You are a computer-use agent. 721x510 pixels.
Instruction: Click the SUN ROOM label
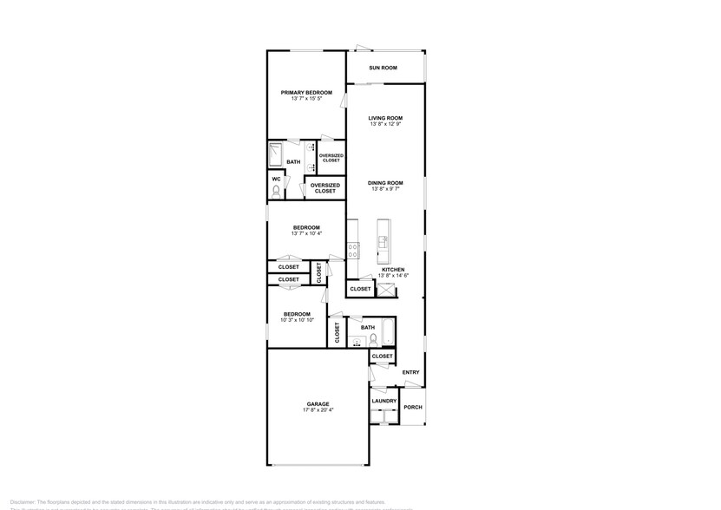pyautogui.click(x=383, y=68)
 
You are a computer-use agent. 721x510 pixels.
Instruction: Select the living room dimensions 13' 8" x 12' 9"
pyautogui.click(x=385, y=124)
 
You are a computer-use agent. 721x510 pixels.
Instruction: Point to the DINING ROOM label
pyautogui.click(x=385, y=182)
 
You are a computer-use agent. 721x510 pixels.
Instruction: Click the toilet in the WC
pyautogui.click(x=276, y=192)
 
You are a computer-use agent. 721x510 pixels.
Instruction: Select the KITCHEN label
pyautogui.click(x=393, y=269)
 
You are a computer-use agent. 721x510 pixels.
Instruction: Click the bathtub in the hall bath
pyautogui.click(x=387, y=334)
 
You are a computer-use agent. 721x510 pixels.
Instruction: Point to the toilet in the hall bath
pyautogui.click(x=372, y=341)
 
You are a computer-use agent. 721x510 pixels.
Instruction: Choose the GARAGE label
pyautogui.click(x=318, y=403)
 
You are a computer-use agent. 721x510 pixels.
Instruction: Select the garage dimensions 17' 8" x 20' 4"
pyautogui.click(x=318, y=409)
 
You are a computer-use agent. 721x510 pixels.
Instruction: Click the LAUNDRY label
pyautogui.click(x=384, y=401)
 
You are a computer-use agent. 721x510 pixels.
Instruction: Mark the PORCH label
pyautogui.click(x=413, y=407)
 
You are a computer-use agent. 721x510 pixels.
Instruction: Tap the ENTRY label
pyautogui.click(x=410, y=373)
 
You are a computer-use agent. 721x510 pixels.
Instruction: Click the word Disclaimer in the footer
pyautogui.click(x=23, y=500)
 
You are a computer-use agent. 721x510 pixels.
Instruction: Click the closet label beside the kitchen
pyautogui.click(x=360, y=288)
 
